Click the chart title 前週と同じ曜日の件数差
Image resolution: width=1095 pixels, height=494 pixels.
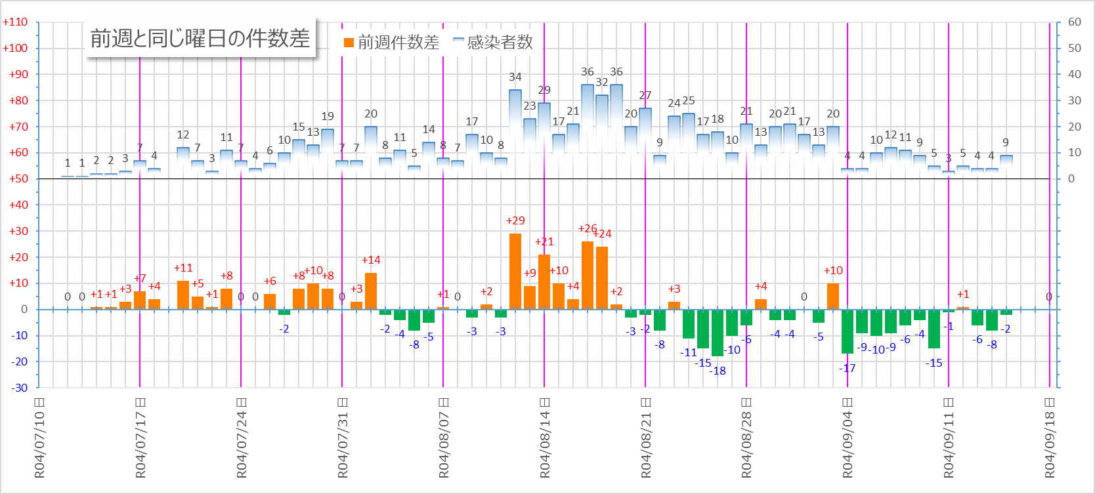coord(200,39)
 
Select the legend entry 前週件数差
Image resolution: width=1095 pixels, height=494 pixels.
coord(391,43)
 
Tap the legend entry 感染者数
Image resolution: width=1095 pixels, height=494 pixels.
coord(493,43)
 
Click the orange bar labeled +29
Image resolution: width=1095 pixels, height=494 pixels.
coord(515,271)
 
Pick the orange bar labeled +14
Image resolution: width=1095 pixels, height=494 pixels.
coord(371,291)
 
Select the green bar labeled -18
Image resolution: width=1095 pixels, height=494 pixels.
coord(718,333)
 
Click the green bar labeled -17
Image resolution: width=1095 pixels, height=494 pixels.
coord(848,331)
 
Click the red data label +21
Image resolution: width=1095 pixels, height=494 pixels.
coord(544,241)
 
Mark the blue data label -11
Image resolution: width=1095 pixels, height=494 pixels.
coord(688,352)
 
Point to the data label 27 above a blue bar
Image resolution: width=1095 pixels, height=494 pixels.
coord(645,95)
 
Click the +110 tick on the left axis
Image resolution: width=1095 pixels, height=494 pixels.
coord(16,22)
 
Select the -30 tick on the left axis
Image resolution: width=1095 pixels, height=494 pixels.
coord(19,388)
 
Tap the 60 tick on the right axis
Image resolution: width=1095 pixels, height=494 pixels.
coord(1075,22)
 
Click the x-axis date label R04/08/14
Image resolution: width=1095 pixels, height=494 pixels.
coord(545,438)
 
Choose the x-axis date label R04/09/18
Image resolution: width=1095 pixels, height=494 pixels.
coord(1050,438)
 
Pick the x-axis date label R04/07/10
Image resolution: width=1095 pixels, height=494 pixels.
coord(40,438)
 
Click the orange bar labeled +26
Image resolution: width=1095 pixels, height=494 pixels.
coord(588,275)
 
